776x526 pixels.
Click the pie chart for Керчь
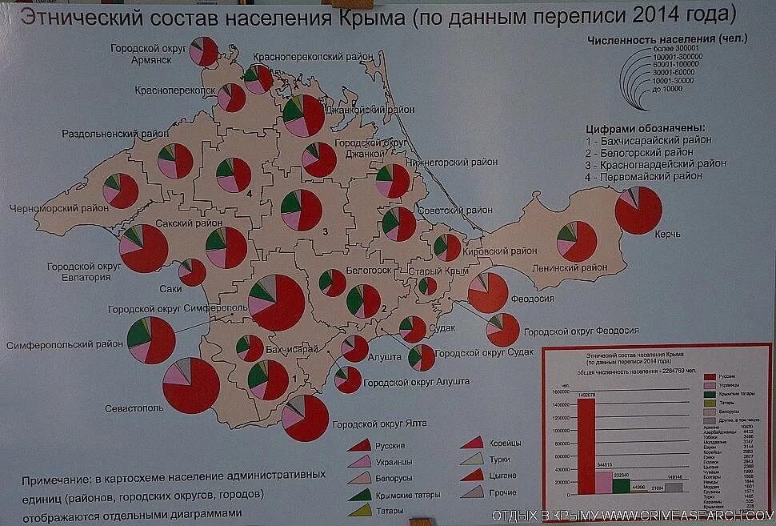638,211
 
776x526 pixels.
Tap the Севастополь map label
134,408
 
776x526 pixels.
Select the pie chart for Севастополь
190,385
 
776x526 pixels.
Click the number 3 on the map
325,231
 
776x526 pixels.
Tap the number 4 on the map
249,194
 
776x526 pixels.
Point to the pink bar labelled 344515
603,481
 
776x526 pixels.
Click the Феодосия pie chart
487,291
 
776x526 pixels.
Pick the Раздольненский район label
116,133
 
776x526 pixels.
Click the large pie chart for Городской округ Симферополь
276,303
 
